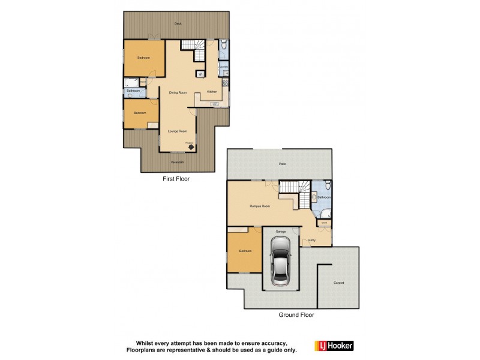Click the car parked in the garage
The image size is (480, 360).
tap(280, 260)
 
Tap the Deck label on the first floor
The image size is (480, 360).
tap(178, 23)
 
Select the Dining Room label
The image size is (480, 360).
tap(178, 92)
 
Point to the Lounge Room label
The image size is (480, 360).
tap(178, 131)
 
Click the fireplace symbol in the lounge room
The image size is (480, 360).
tap(191, 145)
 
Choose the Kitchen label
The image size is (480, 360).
tap(212, 91)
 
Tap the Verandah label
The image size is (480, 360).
tap(176, 162)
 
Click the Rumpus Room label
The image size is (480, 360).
tap(260, 206)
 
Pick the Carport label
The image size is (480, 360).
tap(339, 283)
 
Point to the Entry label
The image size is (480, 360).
tap(312, 240)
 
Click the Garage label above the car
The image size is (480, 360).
tap(280, 231)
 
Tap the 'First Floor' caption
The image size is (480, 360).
tap(177, 179)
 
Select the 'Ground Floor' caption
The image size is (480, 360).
tap(296, 314)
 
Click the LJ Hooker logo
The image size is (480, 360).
tap(334, 346)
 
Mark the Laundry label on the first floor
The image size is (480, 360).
tap(223, 67)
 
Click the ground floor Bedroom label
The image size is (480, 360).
tap(245, 251)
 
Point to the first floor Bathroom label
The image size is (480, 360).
tap(133, 91)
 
